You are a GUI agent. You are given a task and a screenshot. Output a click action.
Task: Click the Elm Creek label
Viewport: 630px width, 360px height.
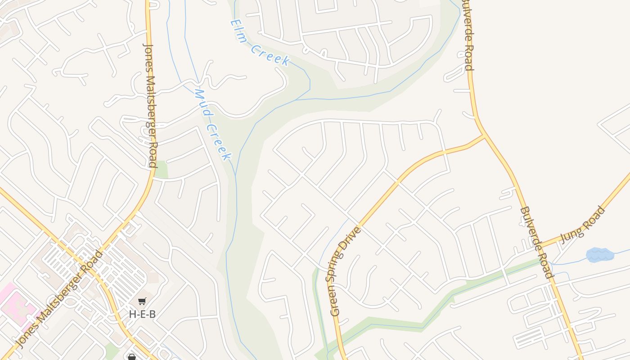click(260, 43)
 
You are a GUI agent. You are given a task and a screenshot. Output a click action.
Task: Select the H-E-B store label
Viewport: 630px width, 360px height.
click(142, 314)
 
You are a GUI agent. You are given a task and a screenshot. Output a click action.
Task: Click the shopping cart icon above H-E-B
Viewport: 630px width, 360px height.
click(142, 301)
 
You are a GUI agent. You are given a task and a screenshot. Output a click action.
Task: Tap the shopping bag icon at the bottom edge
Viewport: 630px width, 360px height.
click(132, 357)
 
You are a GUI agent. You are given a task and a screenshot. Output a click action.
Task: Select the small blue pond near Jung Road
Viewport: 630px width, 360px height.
click(600, 255)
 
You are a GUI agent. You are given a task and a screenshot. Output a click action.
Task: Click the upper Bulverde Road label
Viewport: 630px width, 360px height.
click(468, 36)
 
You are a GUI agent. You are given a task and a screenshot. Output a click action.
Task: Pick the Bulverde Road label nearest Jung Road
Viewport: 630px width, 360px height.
click(535, 243)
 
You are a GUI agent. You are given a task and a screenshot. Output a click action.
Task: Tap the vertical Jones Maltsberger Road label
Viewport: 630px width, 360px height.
click(150, 105)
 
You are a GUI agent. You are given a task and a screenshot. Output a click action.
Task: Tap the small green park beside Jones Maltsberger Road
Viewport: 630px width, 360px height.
click(161, 170)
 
